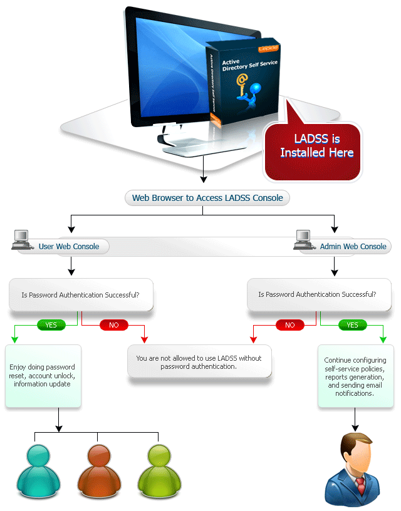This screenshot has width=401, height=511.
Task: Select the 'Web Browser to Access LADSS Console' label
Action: coord(207,198)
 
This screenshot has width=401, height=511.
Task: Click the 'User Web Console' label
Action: coord(69,246)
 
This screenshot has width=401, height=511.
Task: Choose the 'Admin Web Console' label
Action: coord(353,246)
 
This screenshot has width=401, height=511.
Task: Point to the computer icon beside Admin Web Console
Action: coord(304,239)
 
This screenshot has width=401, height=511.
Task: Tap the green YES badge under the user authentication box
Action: coord(51,325)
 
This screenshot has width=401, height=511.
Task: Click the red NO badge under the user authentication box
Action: coord(114,325)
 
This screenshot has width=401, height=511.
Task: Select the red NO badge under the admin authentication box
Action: coord(289,325)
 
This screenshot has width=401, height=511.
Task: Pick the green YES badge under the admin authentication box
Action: coord(352,325)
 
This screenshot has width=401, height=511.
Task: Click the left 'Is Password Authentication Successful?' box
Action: coord(80,294)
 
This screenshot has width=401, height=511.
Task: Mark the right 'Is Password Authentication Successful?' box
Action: coord(317,294)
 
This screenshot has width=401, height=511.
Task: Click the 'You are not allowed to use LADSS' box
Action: coord(199,362)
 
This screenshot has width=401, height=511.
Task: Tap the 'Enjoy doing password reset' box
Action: coord(43,375)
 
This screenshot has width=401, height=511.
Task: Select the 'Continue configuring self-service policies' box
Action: coord(355,377)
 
